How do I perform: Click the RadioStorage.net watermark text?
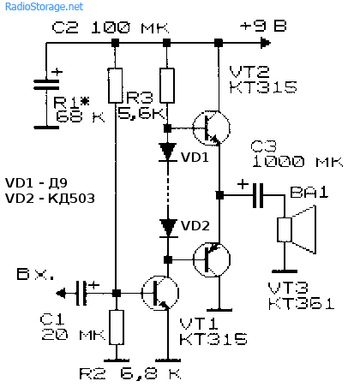[44, 7]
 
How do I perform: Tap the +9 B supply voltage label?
[263, 27]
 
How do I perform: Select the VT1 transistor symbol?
[160, 293]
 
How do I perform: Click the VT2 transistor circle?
[211, 128]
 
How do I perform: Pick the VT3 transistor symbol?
[212, 259]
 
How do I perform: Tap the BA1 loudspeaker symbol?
[297, 229]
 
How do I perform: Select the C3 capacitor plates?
[258, 195]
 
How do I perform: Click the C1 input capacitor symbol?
[81, 293]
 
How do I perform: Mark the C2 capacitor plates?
[46, 85]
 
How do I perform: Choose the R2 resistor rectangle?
[117, 327]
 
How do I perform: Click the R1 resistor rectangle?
[116, 86]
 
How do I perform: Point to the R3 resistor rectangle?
[167, 86]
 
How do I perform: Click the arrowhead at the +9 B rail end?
[266, 43]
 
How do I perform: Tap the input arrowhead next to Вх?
[60, 293]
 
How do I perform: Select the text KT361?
[301, 304]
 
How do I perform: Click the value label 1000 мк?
[297, 162]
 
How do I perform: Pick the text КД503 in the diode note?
[71, 199]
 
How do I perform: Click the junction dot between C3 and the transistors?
[219, 195]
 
